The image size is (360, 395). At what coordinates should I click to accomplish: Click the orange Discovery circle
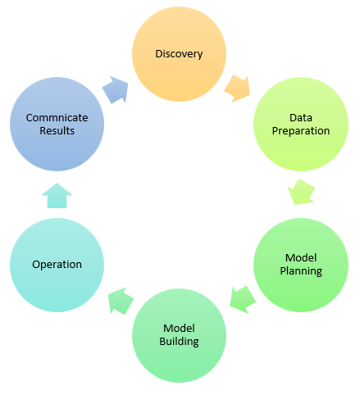coord(179,54)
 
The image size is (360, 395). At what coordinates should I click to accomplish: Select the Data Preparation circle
coord(301,125)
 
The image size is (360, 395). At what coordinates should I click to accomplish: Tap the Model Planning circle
coord(301,265)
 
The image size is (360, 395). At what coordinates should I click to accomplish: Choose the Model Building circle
coord(179,335)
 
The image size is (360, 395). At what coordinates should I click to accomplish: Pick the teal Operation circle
coord(57,265)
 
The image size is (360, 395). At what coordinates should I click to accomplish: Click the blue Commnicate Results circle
coord(57,125)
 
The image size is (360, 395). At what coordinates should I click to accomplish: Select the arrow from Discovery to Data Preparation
coord(237,89)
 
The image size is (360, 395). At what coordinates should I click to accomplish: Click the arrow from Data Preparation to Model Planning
coord(302,192)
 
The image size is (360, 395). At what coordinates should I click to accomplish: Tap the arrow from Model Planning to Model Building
coord(243,300)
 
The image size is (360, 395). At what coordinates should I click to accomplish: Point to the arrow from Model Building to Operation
coord(121,301)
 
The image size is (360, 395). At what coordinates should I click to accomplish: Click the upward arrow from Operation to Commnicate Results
coord(57,196)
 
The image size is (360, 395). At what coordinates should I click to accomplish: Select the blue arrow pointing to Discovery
coord(116,89)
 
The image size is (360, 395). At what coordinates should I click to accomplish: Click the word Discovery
coord(179,54)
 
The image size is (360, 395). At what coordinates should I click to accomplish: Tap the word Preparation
coord(301,131)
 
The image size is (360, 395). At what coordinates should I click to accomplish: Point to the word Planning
coord(301,271)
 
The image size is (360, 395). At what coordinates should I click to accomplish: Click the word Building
coord(179,342)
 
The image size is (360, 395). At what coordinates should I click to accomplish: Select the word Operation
coord(57,265)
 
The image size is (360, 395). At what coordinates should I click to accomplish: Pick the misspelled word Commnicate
coord(57,118)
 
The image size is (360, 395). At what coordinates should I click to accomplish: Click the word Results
coord(57,131)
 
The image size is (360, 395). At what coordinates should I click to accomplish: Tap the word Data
coord(301,118)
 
